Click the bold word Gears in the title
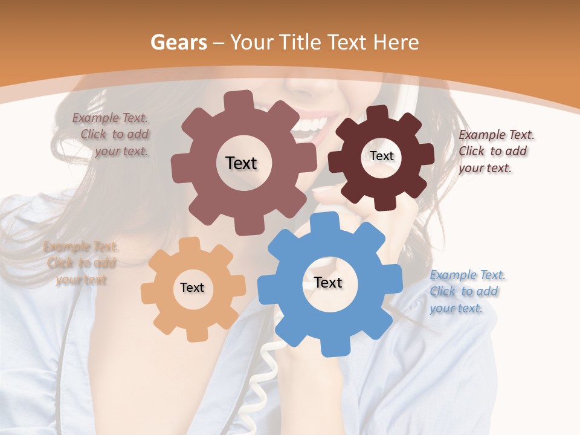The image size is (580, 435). tap(178, 43)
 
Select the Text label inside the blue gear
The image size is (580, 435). tap(328, 283)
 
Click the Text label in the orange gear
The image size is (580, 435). tap(192, 288)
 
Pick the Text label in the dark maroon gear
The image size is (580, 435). tap(381, 156)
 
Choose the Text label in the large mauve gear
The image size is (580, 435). tap(241, 163)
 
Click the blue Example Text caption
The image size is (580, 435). tap(467, 292)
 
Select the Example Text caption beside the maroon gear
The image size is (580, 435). tap(496, 151)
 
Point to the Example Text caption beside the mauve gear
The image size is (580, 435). tap(111, 134)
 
